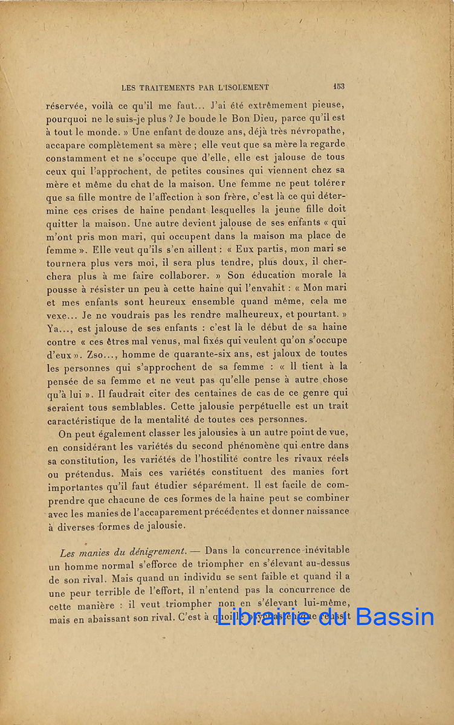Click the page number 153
[339, 86]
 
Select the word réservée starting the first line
[65, 105]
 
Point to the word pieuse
[329, 105]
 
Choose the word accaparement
[206, 512]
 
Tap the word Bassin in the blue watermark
[395, 617]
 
